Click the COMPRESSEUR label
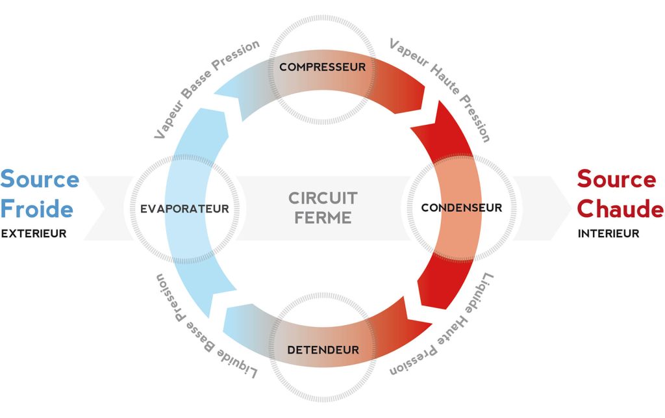(x=322, y=67)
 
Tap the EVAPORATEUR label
(x=184, y=209)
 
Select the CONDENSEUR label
(x=461, y=208)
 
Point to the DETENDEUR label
(x=323, y=350)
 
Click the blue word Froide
(x=37, y=209)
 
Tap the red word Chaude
(x=620, y=209)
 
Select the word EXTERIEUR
(x=34, y=234)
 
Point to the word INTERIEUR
(x=609, y=234)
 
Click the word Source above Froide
(x=40, y=179)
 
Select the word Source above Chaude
(x=616, y=179)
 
